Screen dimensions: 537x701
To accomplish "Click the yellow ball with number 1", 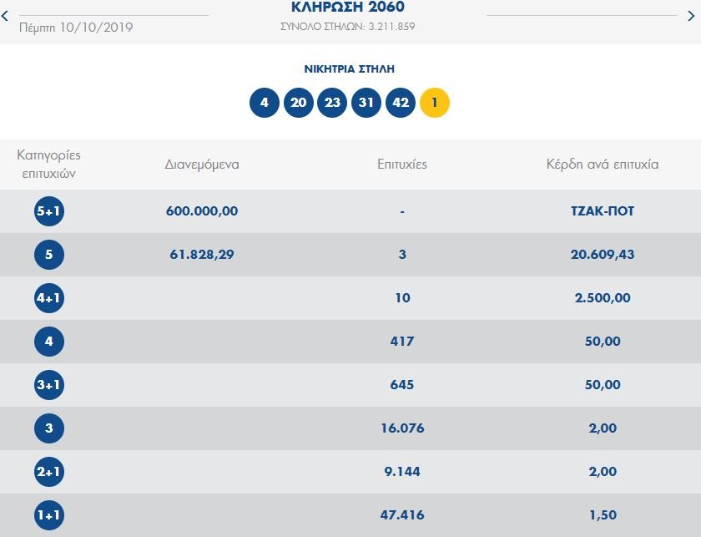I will pos(434,103).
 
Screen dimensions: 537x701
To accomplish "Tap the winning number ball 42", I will pos(401,103).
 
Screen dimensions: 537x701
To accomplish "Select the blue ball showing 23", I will pos(333,103).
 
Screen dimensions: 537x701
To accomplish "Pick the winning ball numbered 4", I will pos(265,103).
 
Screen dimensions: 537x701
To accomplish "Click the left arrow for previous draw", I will pos(5,16).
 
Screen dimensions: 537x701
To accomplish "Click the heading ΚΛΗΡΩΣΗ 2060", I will pos(348,7).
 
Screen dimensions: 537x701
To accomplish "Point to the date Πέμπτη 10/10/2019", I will pos(75,27).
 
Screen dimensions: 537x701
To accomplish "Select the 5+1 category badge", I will pos(49,211).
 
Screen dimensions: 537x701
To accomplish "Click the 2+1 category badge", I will pos(49,472).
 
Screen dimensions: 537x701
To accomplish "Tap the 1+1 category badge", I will pos(49,515).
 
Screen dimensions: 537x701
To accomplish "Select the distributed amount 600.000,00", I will pos(202,211).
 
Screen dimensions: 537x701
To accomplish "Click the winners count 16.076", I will pos(402,428).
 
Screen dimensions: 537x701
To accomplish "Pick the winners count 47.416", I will pos(402,515).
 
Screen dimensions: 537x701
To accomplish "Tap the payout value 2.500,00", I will pos(602,298).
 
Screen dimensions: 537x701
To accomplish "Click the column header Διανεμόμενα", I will pos(202,165).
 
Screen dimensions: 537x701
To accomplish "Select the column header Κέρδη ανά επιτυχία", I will pos(602,165).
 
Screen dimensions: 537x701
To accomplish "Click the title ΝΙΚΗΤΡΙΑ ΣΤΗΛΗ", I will pos(350,69).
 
